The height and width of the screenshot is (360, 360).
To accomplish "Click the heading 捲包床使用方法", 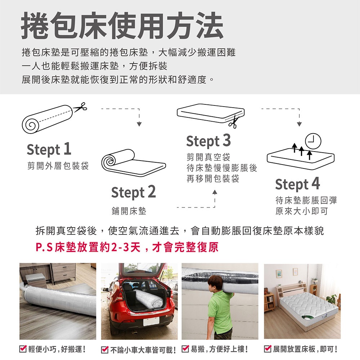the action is tap(122, 26).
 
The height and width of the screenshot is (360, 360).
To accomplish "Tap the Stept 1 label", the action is tap(49, 149).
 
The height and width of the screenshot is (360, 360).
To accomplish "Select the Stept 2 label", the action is tap(134, 192).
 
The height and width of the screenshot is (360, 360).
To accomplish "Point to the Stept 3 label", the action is tap(208, 140).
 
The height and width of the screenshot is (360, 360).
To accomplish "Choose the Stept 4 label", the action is tap(298, 184).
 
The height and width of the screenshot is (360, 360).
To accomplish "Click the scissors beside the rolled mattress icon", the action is tap(80, 107).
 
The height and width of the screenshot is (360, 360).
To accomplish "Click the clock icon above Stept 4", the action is tap(313, 141).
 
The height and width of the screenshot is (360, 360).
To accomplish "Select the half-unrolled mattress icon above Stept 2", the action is tap(134, 163).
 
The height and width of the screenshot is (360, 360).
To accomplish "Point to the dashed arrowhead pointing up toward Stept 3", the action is tap(215, 192).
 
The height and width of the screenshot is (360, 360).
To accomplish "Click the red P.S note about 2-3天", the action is tap(127, 247).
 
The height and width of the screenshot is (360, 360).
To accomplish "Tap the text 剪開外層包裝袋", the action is tap(58, 166).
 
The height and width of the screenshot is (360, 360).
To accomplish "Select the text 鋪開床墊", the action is tap(129, 211).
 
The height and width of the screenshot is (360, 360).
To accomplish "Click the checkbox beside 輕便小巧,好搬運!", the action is tap(23, 349).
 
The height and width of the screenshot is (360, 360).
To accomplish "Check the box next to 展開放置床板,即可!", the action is tap(268, 349).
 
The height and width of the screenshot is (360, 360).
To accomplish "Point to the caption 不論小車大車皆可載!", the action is tap(143, 350).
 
